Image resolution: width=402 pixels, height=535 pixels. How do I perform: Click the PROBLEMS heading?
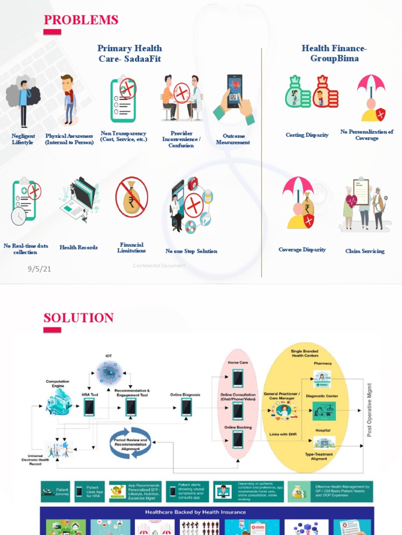coord(81,20)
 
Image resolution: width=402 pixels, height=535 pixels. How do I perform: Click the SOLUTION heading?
coord(79,318)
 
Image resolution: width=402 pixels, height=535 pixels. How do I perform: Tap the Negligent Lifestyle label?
coord(23,139)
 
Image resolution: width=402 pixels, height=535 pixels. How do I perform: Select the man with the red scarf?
coord(68,99)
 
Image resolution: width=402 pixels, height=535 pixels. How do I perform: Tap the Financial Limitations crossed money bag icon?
coord(131,197)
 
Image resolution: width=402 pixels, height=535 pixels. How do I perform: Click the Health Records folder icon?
coord(79,199)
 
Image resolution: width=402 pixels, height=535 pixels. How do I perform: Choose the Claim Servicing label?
coord(365,251)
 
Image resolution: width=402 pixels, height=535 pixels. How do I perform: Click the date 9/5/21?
coord(39,269)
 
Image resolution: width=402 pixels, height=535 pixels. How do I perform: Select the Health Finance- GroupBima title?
coord(334,53)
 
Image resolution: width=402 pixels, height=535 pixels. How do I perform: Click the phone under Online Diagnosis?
coord(186,406)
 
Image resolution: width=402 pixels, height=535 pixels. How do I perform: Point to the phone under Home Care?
coord(238,378)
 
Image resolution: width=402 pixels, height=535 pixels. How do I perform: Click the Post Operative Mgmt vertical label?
coord(370,410)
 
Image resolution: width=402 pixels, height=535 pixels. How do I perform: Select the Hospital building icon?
coord(324,443)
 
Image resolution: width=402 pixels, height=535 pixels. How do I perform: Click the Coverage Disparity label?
coord(302,250)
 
